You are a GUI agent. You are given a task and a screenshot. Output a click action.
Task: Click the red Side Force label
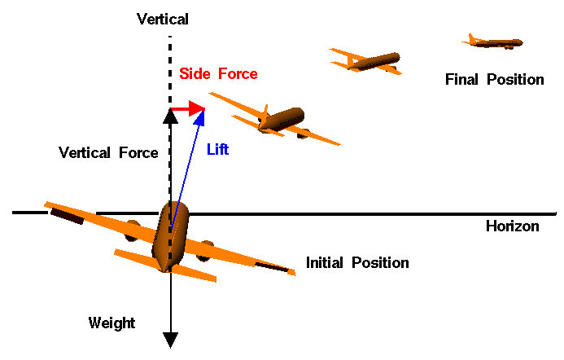coord(218,74)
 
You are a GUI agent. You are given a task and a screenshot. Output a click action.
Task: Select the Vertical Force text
coord(108,152)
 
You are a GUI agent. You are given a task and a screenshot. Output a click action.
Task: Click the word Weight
coord(111,323)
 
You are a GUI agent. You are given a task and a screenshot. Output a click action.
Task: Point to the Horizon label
coord(512,226)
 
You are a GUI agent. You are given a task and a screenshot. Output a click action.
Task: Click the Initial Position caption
coord(357,263)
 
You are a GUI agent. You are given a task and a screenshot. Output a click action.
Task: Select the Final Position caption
coord(494,80)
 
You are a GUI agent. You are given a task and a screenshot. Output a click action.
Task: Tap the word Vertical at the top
coord(163,18)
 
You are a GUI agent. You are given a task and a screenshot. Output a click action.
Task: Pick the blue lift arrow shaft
coord(188,155)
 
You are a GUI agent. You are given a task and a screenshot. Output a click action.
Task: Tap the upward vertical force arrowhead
coord(170,116)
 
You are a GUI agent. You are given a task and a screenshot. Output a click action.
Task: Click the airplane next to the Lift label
coord(281,121)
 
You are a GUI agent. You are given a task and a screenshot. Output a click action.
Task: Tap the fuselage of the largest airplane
coord(172,235)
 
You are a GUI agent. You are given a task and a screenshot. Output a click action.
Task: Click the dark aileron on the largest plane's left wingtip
coord(66,215)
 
